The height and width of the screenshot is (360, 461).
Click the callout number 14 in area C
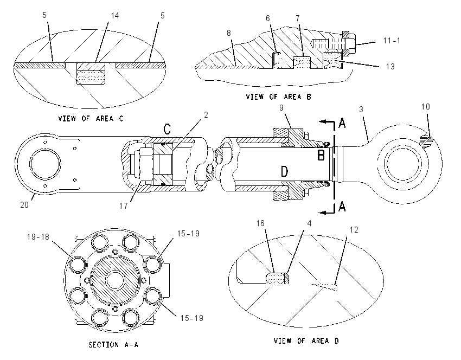click(x=114, y=16)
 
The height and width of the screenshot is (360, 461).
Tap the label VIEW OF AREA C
click(x=91, y=118)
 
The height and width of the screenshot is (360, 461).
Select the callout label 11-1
click(x=392, y=41)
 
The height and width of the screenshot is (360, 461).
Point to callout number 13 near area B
click(x=390, y=67)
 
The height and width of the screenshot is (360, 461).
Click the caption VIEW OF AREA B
click(x=278, y=97)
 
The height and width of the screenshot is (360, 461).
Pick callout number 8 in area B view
click(x=229, y=33)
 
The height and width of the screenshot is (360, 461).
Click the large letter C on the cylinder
click(x=167, y=128)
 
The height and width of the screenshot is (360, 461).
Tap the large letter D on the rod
click(x=284, y=171)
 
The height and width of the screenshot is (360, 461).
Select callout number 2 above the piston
click(x=206, y=115)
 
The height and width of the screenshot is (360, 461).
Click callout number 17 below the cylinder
click(x=124, y=205)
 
